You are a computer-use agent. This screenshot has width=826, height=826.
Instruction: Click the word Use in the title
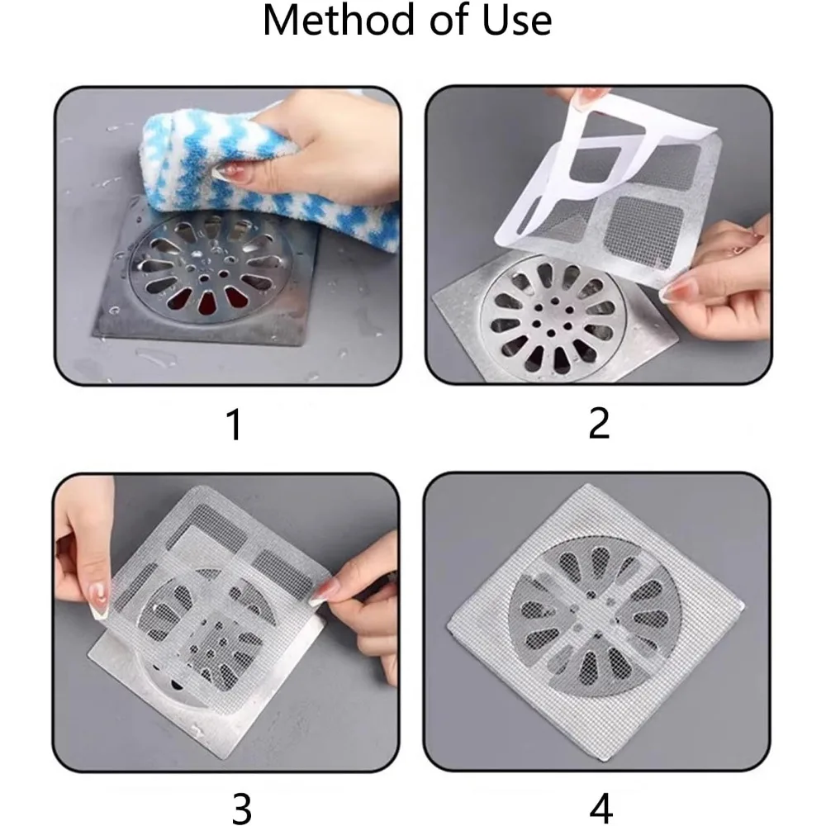click(515, 21)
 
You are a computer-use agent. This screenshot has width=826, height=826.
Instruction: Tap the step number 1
click(234, 425)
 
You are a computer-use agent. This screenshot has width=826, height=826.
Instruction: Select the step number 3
click(240, 809)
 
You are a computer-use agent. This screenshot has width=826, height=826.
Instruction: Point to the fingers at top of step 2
click(578, 97)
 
